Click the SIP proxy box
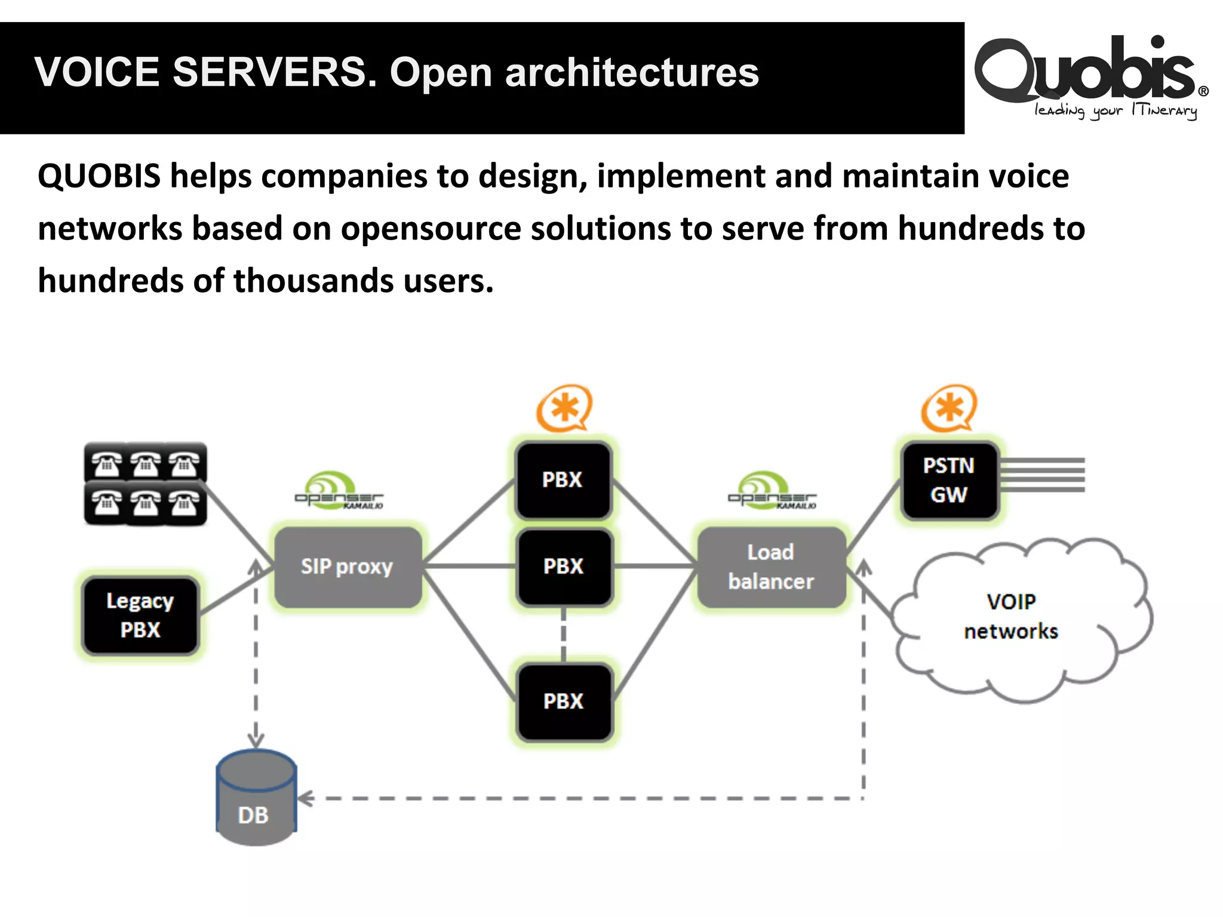click(348, 567)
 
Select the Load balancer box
click(771, 567)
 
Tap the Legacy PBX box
click(140, 616)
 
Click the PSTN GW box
click(949, 480)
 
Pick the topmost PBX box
click(563, 480)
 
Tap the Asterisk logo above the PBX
click(564, 408)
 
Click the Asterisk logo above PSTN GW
click(949, 408)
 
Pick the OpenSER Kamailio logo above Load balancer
click(771, 491)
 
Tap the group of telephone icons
click(145, 484)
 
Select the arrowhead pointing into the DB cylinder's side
click(305, 798)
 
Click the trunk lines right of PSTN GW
click(1042, 475)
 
